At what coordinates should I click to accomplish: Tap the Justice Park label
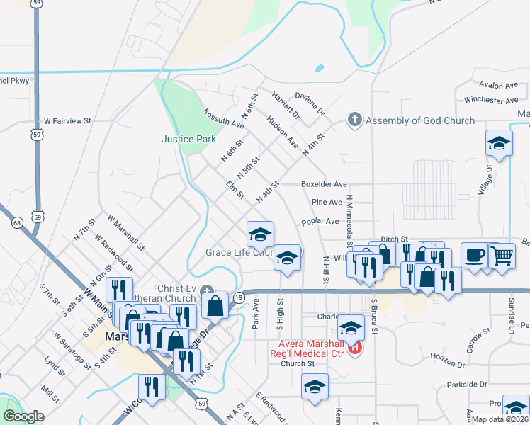click(188, 140)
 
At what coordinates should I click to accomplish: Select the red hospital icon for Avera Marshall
click(356, 347)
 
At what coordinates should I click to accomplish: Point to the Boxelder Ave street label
click(324, 184)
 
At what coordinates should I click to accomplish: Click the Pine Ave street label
click(327, 203)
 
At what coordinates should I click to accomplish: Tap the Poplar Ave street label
click(320, 221)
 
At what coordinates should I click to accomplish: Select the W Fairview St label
click(68, 121)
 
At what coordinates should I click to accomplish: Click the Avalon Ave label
click(499, 85)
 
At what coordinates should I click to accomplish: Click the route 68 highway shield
click(17, 223)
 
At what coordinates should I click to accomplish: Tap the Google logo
click(23, 416)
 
